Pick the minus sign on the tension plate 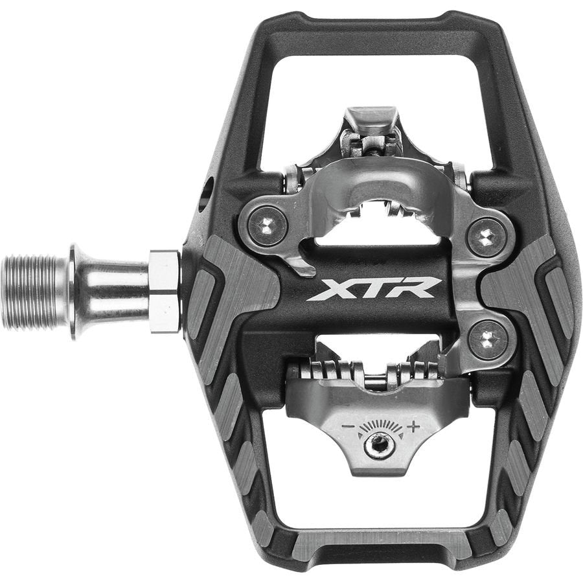[349, 427]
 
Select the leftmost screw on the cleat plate [268, 225]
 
